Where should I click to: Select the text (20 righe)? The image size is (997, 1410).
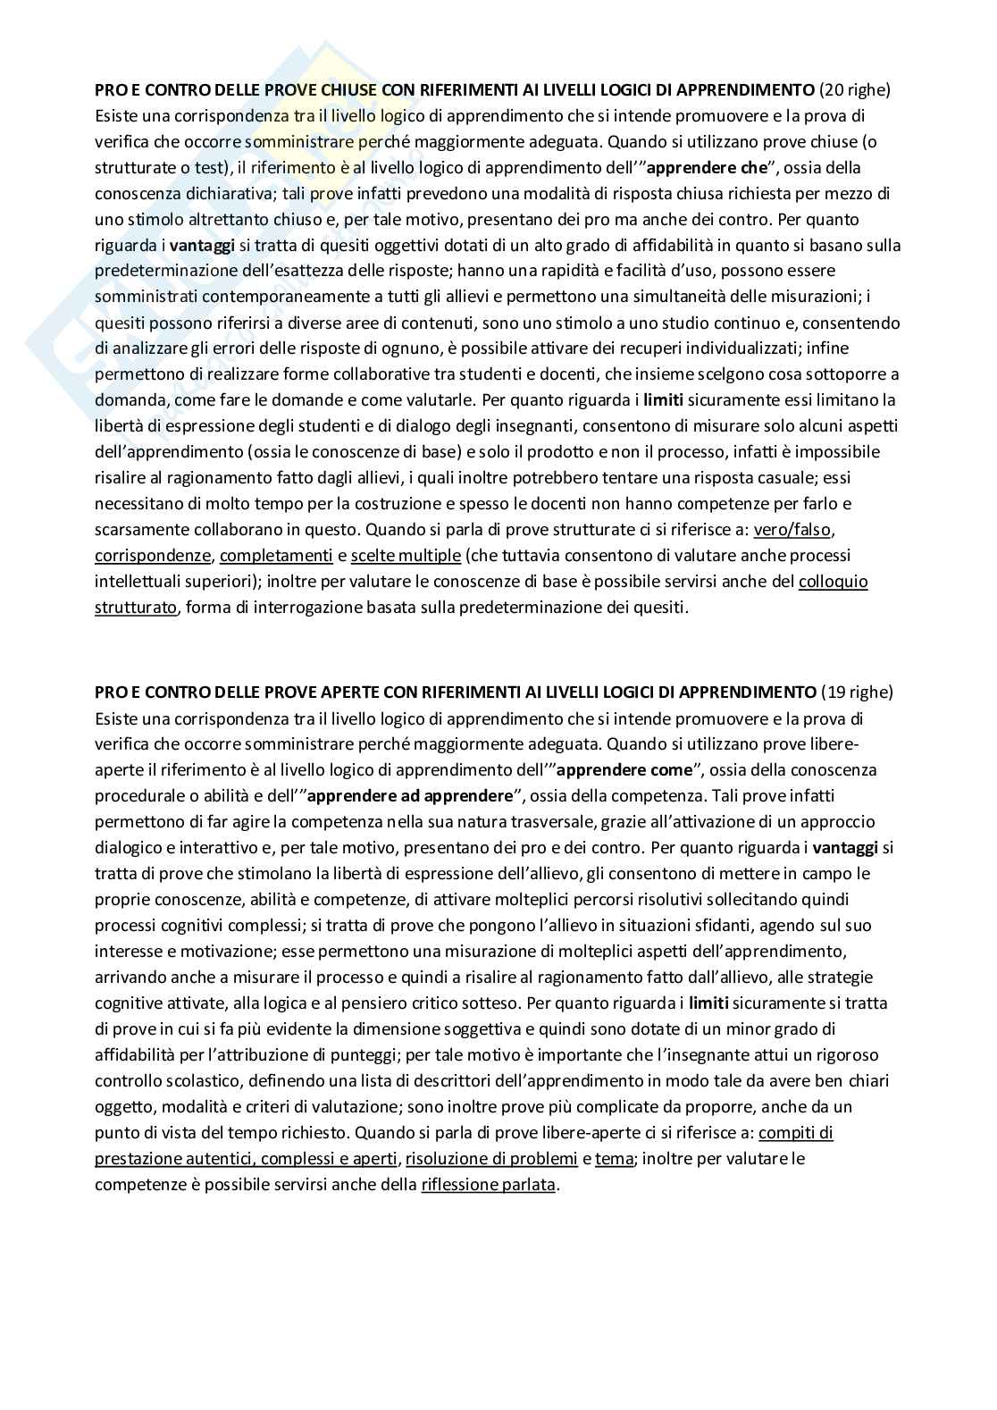tap(855, 89)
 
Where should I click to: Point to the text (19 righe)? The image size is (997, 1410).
tap(856, 692)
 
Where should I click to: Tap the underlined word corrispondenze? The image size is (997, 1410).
tap(153, 556)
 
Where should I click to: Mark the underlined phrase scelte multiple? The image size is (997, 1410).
tap(406, 556)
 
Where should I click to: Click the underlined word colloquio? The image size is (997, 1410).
tap(833, 582)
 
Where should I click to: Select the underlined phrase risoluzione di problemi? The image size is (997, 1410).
tap(491, 1159)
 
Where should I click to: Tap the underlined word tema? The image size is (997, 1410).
tap(614, 1159)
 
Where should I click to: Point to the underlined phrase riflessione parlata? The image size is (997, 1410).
tap(488, 1185)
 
